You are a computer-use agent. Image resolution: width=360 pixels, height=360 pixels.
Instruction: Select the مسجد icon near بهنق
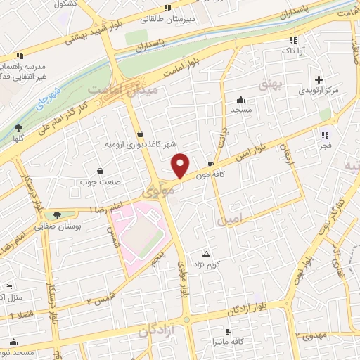[x=241, y=99]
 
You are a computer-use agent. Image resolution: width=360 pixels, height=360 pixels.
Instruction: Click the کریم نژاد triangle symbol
[x=206, y=253]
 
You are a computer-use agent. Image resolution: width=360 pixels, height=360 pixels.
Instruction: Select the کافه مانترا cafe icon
[x=226, y=331]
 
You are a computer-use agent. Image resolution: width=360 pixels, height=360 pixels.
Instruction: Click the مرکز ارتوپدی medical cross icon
[x=319, y=79]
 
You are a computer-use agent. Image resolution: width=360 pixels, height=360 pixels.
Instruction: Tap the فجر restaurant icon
[x=324, y=134]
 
